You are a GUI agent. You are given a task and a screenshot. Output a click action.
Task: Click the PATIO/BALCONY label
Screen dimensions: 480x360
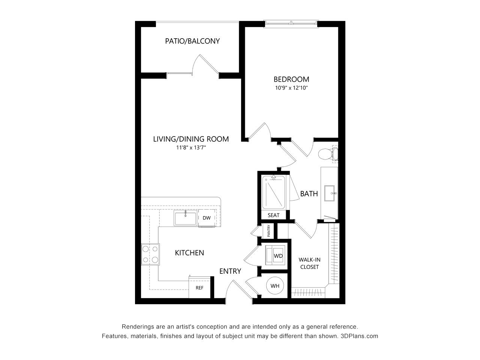click(192, 41)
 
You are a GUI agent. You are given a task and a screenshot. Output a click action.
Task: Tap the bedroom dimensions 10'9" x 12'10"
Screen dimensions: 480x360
click(291, 88)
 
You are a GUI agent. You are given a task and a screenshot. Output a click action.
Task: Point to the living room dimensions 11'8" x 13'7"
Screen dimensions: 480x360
click(191, 148)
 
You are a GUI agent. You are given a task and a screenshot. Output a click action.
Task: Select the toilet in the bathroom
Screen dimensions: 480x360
click(328, 154)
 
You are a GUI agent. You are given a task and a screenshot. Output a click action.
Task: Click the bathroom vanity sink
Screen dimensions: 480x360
click(329, 193)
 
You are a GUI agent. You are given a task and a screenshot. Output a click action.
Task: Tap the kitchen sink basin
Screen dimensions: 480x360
click(186, 218)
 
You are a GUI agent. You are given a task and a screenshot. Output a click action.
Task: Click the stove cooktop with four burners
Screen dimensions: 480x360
click(150, 254)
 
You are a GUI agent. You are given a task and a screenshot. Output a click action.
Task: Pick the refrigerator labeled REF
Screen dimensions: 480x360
click(199, 288)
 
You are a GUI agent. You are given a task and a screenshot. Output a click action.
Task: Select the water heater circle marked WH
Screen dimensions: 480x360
click(275, 286)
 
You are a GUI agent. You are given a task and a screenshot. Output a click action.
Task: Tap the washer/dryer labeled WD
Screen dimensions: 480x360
click(275, 255)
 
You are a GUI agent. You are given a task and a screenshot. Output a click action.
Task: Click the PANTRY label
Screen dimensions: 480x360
click(269, 231)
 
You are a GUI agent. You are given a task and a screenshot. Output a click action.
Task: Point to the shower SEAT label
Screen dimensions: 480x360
click(274, 215)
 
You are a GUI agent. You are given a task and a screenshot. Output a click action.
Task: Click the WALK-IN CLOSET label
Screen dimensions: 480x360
click(309, 263)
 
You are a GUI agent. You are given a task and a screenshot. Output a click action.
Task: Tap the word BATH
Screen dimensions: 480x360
click(309, 193)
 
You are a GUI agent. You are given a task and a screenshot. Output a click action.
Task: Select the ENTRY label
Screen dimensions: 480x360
click(230, 271)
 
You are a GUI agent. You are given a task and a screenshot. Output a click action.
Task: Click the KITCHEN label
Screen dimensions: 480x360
click(189, 253)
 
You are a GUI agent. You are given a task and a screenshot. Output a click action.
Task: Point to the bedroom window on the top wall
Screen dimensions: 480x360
click(291, 24)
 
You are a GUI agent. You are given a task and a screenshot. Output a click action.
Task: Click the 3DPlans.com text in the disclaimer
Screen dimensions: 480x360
click(359, 336)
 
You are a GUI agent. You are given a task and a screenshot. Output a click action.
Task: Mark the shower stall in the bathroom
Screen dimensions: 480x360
click(274, 193)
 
